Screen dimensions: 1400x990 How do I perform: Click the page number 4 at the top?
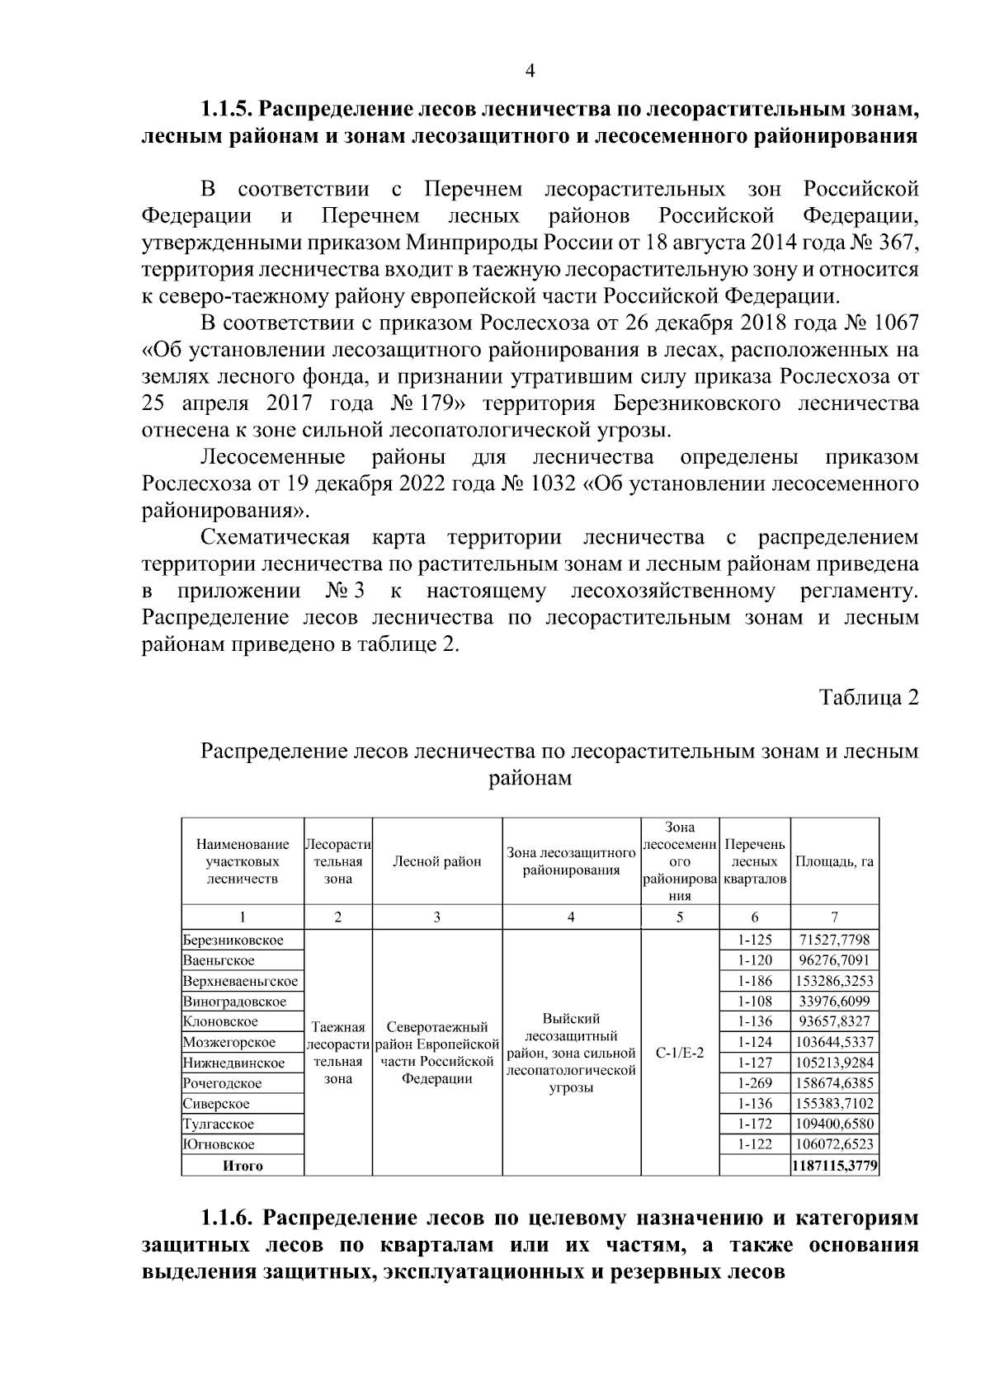(530, 72)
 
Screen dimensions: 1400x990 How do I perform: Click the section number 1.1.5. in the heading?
(229, 109)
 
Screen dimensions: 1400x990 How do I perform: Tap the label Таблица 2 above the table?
(869, 697)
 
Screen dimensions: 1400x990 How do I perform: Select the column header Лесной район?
(436, 861)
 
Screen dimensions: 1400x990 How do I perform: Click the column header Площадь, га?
(834, 861)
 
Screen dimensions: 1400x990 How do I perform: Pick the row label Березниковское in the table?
(233, 940)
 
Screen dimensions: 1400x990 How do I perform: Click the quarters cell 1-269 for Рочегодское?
(755, 1083)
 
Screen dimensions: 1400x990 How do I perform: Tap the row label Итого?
(243, 1166)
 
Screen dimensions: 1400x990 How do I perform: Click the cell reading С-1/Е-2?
(680, 1054)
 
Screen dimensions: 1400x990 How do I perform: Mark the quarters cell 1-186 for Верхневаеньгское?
(755, 981)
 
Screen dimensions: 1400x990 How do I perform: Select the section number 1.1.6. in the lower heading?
(229, 1219)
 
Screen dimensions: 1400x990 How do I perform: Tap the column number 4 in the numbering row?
(571, 917)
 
